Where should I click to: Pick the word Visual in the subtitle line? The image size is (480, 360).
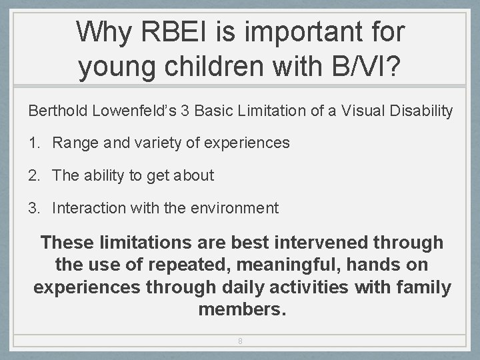(x=361, y=111)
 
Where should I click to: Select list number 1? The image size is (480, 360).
(x=33, y=143)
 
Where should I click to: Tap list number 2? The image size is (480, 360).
(x=34, y=175)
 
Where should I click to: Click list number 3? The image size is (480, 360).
(x=34, y=208)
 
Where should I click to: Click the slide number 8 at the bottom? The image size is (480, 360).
(x=240, y=341)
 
